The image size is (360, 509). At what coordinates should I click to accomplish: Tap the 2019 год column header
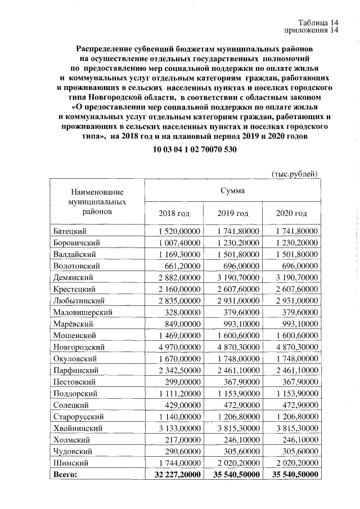click(x=233, y=214)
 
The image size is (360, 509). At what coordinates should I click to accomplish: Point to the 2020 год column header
click(x=291, y=214)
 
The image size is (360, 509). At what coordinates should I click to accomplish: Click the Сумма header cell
click(x=233, y=191)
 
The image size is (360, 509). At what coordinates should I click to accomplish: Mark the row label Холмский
click(x=71, y=439)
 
